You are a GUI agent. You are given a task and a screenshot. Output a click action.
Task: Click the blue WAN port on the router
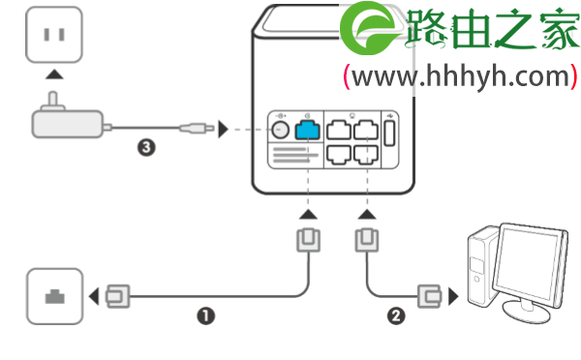pyautogui.click(x=308, y=129)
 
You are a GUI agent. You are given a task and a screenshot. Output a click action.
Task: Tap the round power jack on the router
pyautogui.click(x=281, y=129)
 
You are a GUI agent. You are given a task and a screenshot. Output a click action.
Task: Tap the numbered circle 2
pyautogui.click(x=395, y=315)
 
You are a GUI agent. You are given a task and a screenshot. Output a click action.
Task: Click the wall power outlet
pyautogui.click(x=53, y=35)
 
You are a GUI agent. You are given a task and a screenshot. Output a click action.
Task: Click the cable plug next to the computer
pyautogui.click(x=429, y=294)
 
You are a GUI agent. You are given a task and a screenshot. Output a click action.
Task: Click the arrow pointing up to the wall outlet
pyautogui.click(x=53, y=75)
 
